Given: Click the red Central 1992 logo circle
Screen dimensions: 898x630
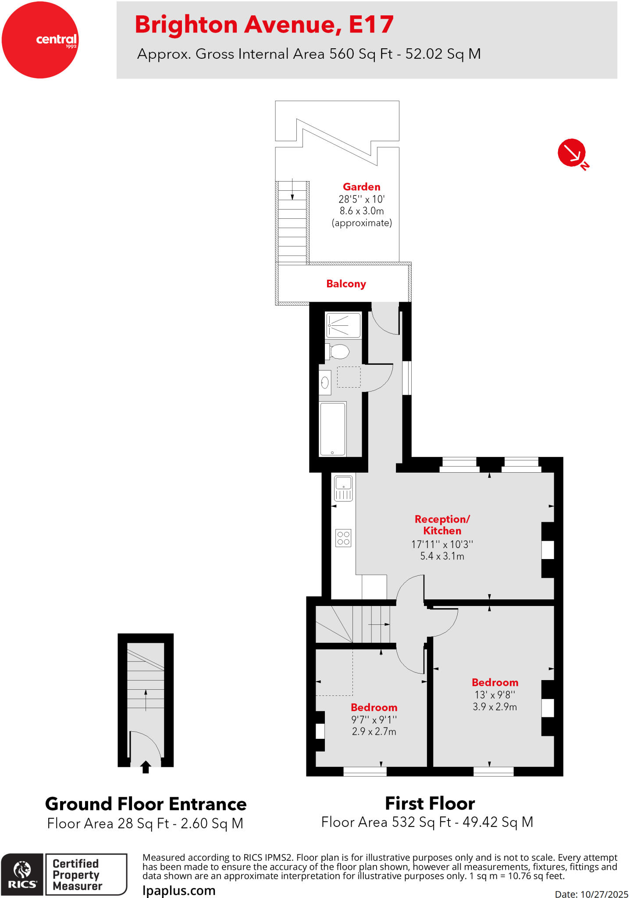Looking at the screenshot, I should pyautogui.click(x=40, y=40).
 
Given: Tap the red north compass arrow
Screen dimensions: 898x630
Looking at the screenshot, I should pyautogui.click(x=572, y=153).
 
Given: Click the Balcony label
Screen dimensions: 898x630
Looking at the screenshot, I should pyautogui.click(x=346, y=284).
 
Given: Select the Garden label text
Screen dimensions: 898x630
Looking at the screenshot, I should pyautogui.click(x=361, y=187).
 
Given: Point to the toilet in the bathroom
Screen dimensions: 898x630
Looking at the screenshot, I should pyautogui.click(x=338, y=351).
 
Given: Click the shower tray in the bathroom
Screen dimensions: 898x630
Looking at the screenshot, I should pyautogui.click(x=344, y=325).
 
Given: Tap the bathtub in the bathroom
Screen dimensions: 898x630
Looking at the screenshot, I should pyautogui.click(x=333, y=429).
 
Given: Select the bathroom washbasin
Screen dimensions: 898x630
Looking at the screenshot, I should pyautogui.click(x=325, y=383).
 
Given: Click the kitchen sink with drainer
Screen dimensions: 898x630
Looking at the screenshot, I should pyautogui.click(x=343, y=488).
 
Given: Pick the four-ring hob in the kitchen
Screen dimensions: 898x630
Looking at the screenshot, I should pyautogui.click(x=343, y=538).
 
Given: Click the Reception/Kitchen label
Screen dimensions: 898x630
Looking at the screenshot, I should pyautogui.click(x=442, y=525).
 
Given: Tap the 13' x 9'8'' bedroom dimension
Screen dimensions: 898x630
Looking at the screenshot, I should pyautogui.click(x=495, y=695).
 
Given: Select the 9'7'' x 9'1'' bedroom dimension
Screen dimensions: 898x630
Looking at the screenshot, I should pyautogui.click(x=374, y=720).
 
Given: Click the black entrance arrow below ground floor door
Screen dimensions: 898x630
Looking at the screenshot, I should pyautogui.click(x=146, y=767).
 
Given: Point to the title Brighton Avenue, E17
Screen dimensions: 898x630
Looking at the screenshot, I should pyautogui.click(x=264, y=25).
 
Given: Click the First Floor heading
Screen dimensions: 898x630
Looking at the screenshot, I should pyautogui.click(x=430, y=804).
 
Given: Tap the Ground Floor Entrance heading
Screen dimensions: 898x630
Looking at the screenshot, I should pyautogui.click(x=146, y=804).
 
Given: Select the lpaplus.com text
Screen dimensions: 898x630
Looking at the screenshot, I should pyautogui.click(x=179, y=891).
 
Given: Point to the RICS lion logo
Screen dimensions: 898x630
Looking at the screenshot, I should pyautogui.click(x=22, y=874).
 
